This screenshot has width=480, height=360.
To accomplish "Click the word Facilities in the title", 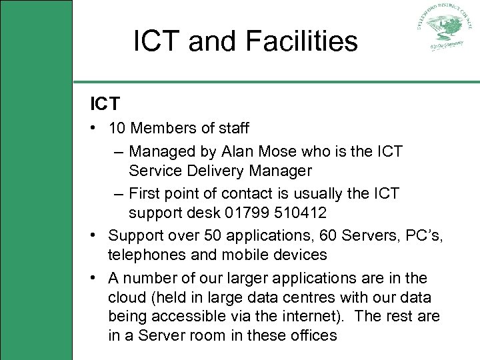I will pos(301,41).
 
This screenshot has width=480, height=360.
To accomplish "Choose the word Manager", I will pos(280,171).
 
